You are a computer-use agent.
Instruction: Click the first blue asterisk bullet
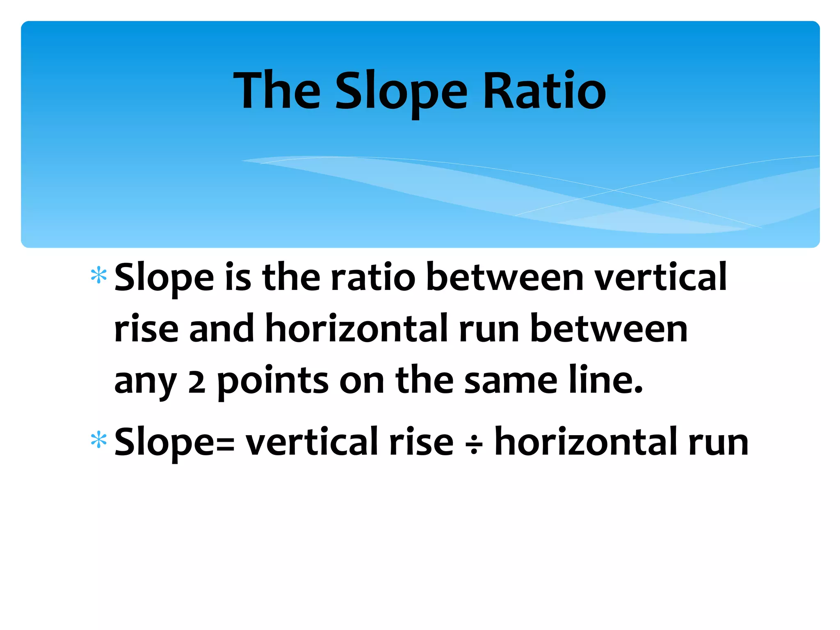point(99,276)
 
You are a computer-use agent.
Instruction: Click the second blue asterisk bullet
point(99,441)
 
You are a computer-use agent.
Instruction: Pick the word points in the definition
point(273,381)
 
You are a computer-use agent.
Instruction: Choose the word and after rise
point(221,328)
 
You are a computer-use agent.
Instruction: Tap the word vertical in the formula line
point(312,442)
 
